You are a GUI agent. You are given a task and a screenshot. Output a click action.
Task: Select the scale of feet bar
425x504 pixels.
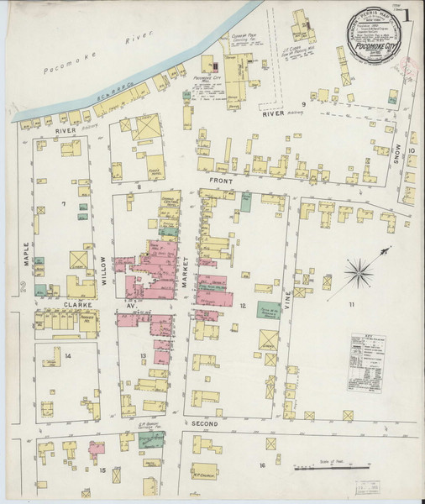pos(333,467)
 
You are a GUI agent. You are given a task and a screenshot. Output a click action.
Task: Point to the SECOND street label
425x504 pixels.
pos(204,424)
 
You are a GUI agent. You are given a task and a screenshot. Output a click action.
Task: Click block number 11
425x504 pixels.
pos(352,303)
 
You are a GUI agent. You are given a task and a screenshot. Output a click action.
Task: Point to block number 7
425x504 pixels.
pos(62,203)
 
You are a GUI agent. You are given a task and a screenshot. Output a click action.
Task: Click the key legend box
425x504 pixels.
pos(367,352)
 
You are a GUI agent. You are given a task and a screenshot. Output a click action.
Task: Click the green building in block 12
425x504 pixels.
pos(268,310)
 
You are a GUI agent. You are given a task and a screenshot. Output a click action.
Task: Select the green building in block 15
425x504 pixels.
pos(152,438)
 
